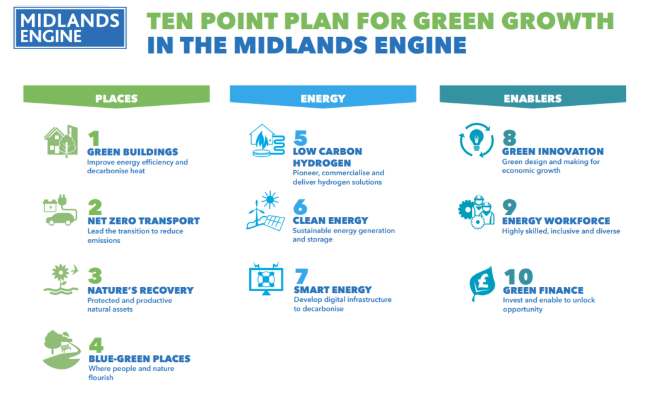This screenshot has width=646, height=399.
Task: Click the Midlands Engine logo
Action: [69, 28]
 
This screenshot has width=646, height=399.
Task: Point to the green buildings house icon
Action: [61, 141]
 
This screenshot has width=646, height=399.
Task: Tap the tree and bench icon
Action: [61, 349]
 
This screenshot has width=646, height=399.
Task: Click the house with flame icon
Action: [266, 141]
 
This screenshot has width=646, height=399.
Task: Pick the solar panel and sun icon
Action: [265, 211]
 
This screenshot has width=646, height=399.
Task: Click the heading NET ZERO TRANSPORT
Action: [143, 221]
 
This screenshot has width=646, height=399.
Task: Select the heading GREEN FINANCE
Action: [543, 291]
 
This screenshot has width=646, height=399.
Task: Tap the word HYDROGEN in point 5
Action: [322, 163]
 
